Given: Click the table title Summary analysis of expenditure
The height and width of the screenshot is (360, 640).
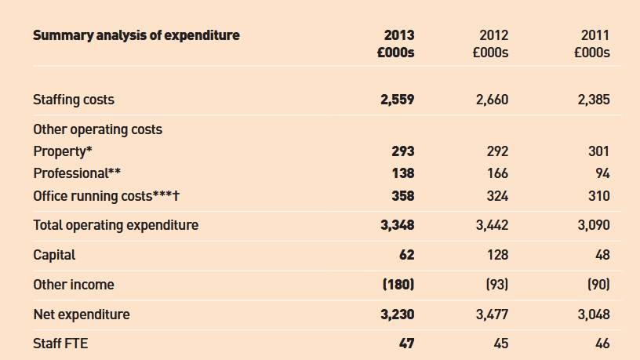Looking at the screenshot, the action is tap(136, 35).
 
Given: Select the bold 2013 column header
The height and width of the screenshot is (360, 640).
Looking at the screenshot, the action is tap(399, 35).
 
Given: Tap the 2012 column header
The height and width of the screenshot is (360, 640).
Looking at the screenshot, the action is tap(494, 35).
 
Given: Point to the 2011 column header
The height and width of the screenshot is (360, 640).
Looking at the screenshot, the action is tap(595, 35).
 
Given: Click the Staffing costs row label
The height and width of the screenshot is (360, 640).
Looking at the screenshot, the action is tap(74, 100).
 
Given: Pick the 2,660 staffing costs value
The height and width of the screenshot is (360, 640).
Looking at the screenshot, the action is tap(493, 100).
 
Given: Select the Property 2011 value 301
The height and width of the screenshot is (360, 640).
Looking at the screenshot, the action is tap(598, 151).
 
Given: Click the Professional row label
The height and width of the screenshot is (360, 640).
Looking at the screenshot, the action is tap(77, 173).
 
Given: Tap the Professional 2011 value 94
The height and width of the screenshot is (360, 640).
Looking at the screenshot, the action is tap(602, 173).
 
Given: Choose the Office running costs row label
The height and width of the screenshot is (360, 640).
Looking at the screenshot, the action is tap(106, 196).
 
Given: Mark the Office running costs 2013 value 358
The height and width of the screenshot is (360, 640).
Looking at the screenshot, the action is tap(403, 196).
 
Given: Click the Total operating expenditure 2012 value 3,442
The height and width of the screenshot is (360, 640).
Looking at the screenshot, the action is tap(493, 225).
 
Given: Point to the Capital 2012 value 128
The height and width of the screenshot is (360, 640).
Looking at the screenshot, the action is tap(497, 255).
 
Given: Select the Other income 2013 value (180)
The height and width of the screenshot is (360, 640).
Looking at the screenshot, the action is tap(398, 285).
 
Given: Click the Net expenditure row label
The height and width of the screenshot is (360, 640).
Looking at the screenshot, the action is tap(82, 315).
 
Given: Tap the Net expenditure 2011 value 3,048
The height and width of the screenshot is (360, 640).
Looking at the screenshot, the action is tap(594, 315).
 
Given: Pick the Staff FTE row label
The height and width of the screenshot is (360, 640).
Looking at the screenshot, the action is tap(60, 344).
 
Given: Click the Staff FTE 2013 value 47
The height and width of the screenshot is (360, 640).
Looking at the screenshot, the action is tap(406, 344).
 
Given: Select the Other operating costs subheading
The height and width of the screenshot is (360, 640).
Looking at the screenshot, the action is tap(97, 129).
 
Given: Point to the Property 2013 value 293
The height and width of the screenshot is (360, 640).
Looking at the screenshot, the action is tap(403, 151).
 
